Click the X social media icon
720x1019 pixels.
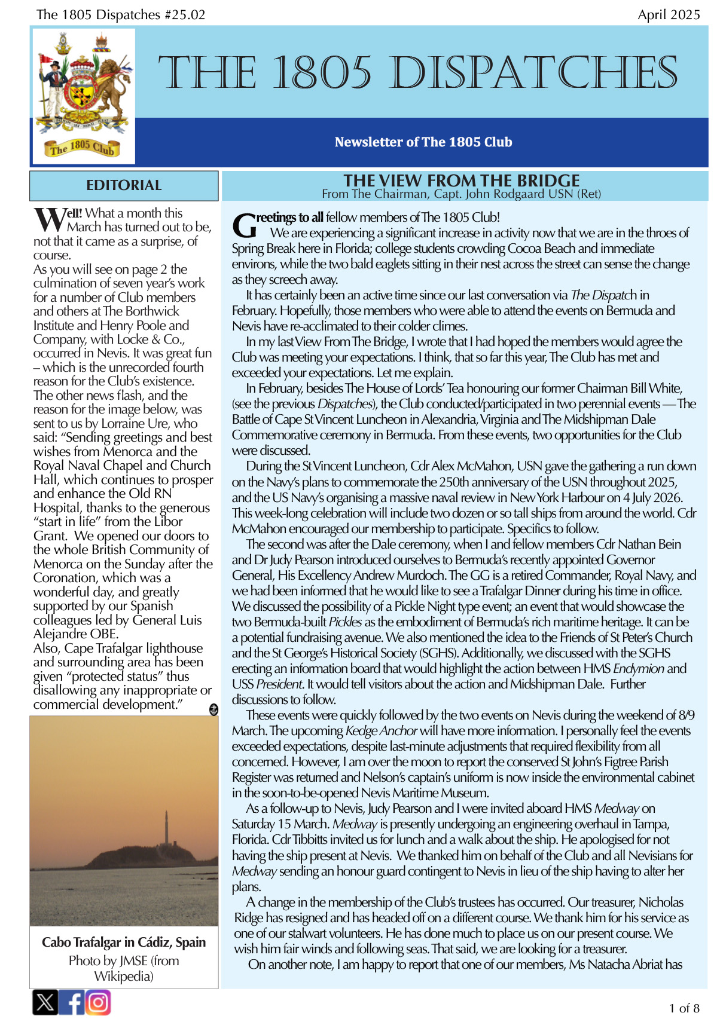coord(45,1002)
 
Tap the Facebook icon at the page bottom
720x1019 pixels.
coord(72,1002)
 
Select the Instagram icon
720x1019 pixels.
coord(98,1002)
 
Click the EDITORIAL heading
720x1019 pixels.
coord(124,185)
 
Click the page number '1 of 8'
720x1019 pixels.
coord(684,1008)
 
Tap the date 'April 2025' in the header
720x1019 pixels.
coord(669,15)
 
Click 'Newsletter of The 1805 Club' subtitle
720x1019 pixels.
coord(423,142)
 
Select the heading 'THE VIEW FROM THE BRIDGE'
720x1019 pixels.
coord(461,180)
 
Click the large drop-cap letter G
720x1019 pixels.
coord(244,226)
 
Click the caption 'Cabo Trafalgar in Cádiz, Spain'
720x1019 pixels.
coord(124,942)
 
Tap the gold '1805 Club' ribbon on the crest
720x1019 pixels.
coord(82,147)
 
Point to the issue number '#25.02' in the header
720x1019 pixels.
coord(185,15)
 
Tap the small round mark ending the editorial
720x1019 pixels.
coord(213,709)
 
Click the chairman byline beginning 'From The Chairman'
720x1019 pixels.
coord(461,194)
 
